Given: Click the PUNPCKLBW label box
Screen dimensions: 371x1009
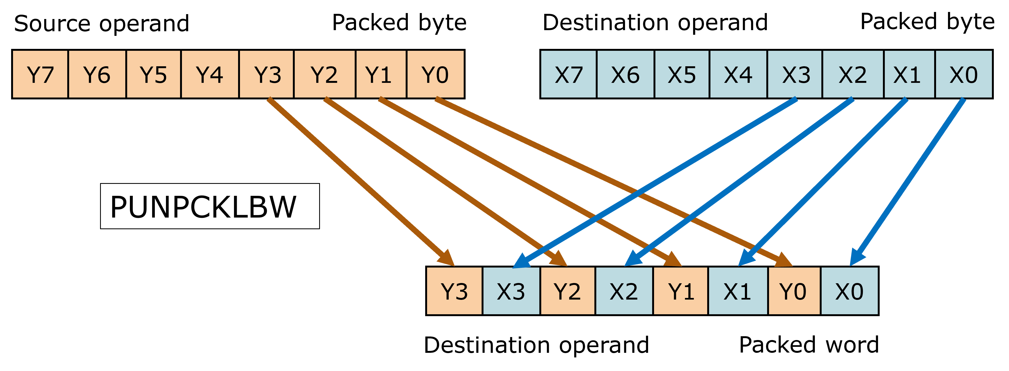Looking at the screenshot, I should click(x=210, y=206).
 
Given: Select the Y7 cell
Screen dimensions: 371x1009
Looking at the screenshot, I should click(x=40, y=74).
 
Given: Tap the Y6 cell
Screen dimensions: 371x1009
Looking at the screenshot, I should click(x=97, y=74).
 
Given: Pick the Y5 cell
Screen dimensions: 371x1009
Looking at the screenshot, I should click(x=153, y=74).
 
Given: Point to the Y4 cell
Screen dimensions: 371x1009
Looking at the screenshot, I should click(x=210, y=74).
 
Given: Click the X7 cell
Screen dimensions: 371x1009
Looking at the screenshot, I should click(x=568, y=74).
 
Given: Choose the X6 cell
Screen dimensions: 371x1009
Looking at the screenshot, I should click(x=625, y=74).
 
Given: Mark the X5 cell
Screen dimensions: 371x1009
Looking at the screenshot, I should click(x=681, y=74).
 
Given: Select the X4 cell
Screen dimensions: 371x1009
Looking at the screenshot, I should click(x=738, y=74).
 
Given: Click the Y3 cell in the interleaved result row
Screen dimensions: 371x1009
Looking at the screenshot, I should click(x=454, y=291).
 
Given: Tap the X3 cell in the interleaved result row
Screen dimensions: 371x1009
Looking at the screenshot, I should click(x=511, y=291).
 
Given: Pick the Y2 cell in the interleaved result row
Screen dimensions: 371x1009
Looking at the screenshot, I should click(x=568, y=291).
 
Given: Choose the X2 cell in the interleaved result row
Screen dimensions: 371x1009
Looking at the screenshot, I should click(x=624, y=291).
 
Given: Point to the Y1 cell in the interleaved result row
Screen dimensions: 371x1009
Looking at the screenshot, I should click(x=680, y=291).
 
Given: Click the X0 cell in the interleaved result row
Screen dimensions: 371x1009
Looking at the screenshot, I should click(x=849, y=291).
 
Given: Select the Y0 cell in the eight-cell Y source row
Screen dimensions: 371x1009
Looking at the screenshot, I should click(x=435, y=74).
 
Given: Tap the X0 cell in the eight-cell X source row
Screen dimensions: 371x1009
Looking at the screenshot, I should click(x=963, y=74).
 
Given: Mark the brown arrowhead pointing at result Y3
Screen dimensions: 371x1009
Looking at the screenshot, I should click(x=447, y=259).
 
